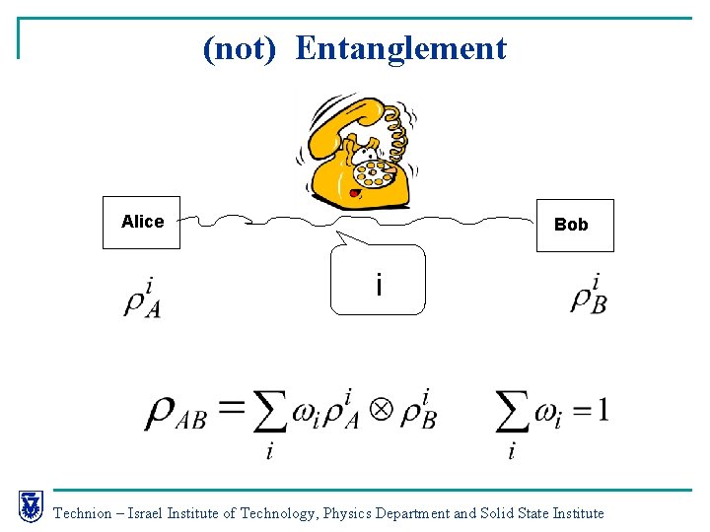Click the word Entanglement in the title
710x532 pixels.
(x=400, y=48)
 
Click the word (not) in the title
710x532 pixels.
(x=239, y=48)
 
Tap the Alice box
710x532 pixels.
(x=142, y=223)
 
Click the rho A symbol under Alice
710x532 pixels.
(x=142, y=299)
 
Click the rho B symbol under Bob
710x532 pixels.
(x=589, y=296)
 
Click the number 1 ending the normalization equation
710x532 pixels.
(x=603, y=410)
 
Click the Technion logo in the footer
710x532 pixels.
(x=31, y=506)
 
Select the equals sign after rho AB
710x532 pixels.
(x=230, y=408)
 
